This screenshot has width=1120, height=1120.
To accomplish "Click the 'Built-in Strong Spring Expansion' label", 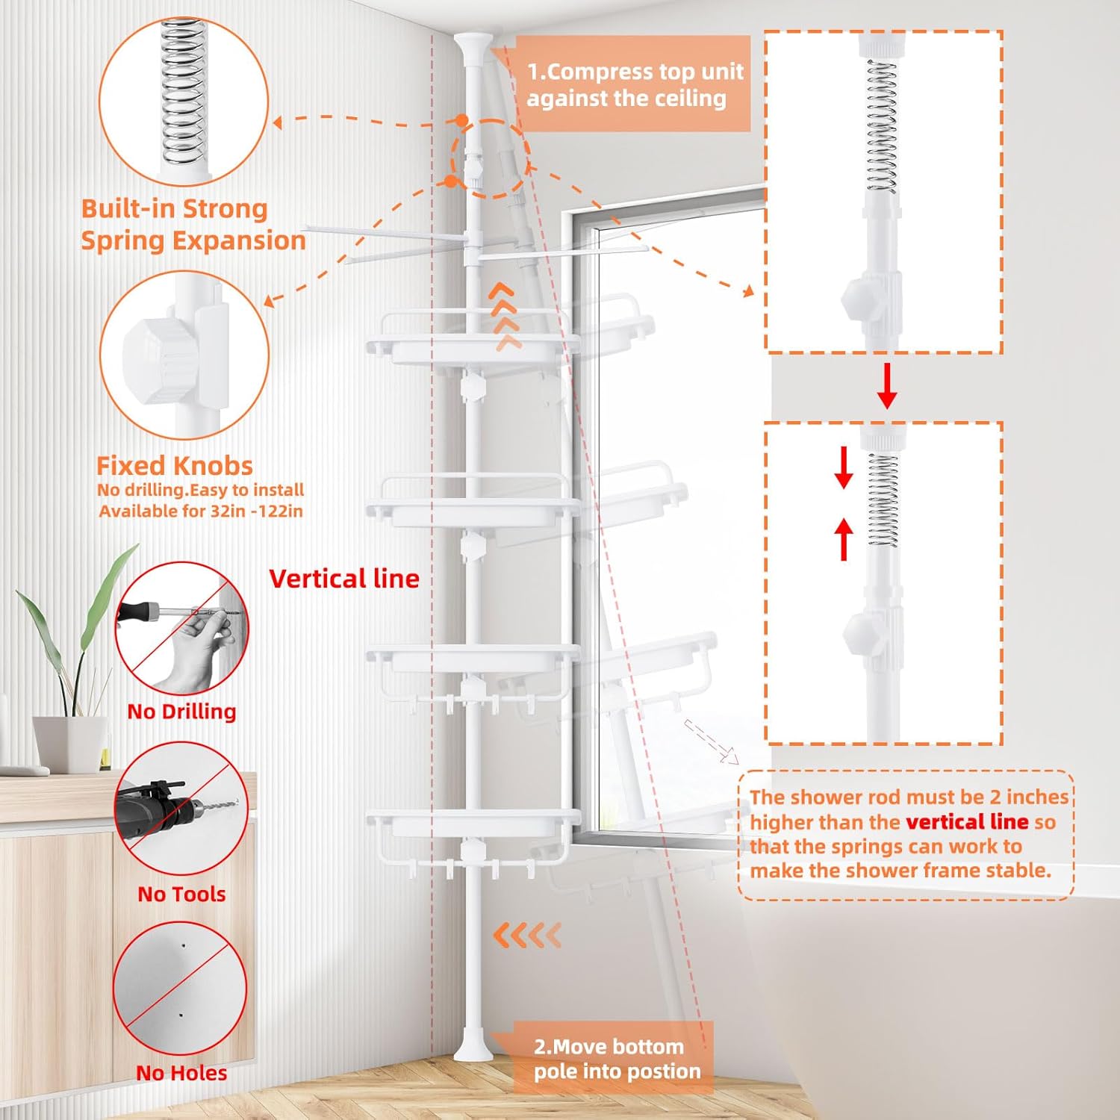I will click(193, 224).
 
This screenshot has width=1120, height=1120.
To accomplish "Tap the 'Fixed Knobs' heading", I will click(175, 466).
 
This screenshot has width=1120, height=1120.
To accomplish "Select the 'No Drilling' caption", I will click(181, 711).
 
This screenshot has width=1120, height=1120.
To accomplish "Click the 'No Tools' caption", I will click(181, 893).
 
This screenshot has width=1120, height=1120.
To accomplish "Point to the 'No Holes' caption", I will click(181, 1072).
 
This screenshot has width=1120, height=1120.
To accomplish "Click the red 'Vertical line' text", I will click(344, 579).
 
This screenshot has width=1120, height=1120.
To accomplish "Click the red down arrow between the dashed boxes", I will click(886, 385).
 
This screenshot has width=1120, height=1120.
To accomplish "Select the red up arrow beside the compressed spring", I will click(844, 539).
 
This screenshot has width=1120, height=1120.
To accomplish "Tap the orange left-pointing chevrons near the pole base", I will click(527, 934).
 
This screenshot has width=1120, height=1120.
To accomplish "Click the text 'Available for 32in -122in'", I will click(201, 511).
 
